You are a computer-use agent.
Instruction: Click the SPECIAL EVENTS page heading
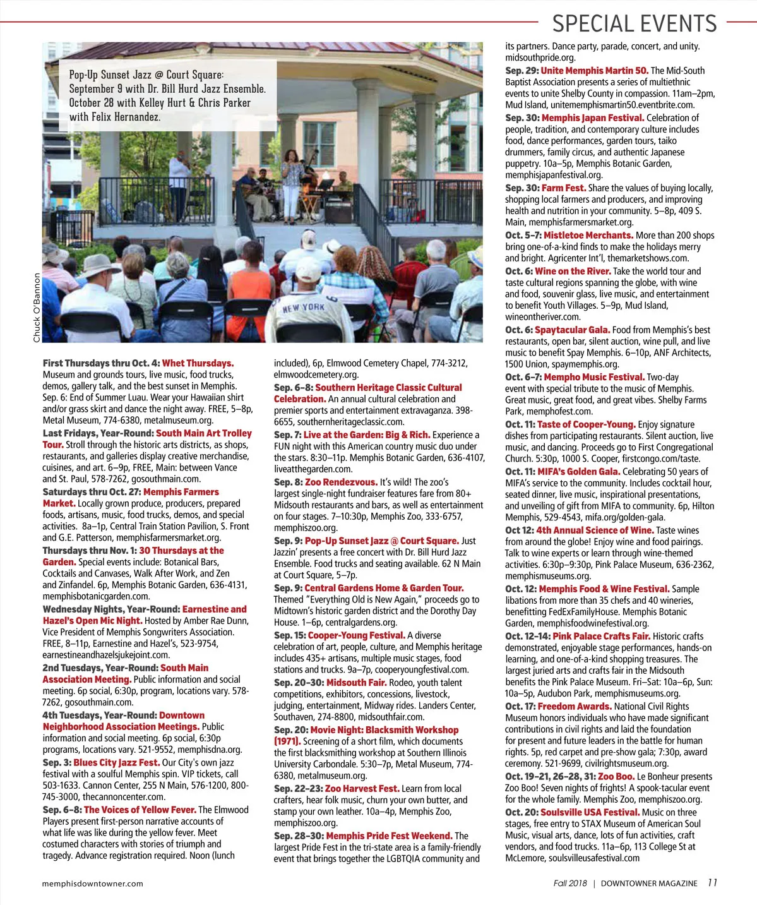click(x=634, y=24)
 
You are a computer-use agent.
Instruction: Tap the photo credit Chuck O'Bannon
click(x=37, y=308)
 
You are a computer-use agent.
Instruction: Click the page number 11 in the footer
click(x=712, y=883)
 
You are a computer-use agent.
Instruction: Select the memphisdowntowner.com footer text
click(x=92, y=884)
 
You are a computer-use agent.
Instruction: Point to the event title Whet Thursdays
click(x=198, y=363)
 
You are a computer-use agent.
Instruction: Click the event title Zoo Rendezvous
click(x=341, y=482)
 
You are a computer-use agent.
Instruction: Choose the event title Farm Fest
click(x=563, y=188)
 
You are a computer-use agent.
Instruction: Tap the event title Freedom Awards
click(x=575, y=706)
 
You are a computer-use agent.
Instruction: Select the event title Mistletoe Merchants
click(x=588, y=235)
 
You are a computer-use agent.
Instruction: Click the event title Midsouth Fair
click(x=356, y=683)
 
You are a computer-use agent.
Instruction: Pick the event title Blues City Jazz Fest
click(x=116, y=762)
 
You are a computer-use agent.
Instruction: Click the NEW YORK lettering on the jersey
click(x=303, y=308)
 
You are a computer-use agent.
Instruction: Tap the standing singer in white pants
click(x=292, y=183)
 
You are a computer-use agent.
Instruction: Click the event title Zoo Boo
click(x=616, y=776)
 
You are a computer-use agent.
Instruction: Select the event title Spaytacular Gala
click(x=572, y=330)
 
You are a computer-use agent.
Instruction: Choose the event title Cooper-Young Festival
click(x=356, y=635)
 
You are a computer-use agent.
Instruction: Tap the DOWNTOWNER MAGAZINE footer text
click(x=648, y=884)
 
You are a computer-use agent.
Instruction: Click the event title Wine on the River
click(x=573, y=271)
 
